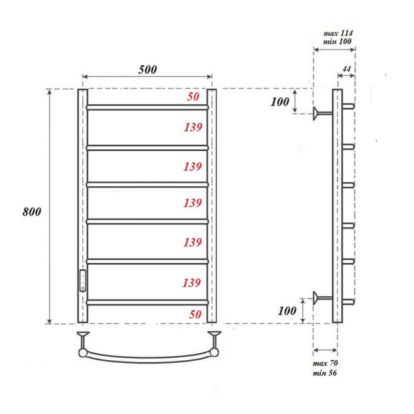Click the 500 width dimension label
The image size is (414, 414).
[x=147, y=69]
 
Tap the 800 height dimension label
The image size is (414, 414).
[x=32, y=212]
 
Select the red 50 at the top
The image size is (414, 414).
[x=194, y=97]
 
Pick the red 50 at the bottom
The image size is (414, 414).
[x=194, y=315]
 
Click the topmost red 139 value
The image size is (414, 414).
[x=193, y=128]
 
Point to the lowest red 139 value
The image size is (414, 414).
[x=193, y=283]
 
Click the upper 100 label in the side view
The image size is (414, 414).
[x=279, y=102]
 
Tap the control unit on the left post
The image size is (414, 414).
[x=83, y=280]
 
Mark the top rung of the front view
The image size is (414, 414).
[x=147, y=107]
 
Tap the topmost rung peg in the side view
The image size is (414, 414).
[x=349, y=107]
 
